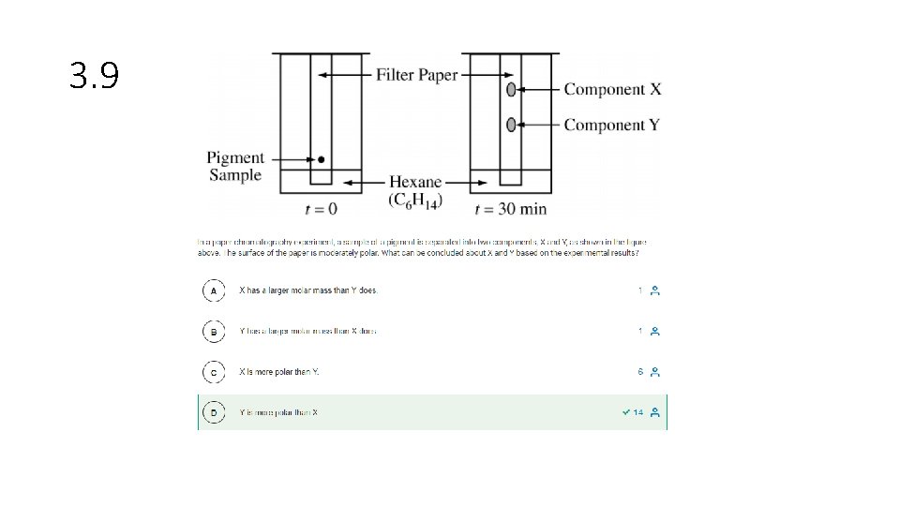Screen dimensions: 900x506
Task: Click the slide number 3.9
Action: click(95, 76)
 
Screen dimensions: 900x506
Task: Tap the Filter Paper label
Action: click(417, 75)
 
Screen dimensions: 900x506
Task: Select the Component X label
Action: click(612, 90)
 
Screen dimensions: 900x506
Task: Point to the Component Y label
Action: click(611, 125)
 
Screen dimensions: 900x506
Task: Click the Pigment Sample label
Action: click(235, 166)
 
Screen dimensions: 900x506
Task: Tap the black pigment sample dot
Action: click(322, 159)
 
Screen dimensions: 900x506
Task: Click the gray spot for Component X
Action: click(511, 90)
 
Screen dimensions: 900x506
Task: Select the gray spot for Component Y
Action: click(511, 125)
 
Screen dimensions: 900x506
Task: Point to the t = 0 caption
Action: click(321, 209)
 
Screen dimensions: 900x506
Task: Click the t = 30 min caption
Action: click(511, 209)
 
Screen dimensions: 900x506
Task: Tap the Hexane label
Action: click(415, 182)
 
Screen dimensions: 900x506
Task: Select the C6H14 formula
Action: click(415, 201)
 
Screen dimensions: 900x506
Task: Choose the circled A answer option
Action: click(214, 290)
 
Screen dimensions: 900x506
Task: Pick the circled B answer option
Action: click(214, 332)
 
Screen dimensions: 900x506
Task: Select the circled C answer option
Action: click(214, 372)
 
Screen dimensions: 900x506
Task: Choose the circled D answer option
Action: click(214, 412)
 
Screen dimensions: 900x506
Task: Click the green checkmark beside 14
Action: click(625, 412)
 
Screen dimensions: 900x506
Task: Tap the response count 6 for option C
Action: click(640, 372)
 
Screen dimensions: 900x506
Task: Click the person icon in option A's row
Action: click(655, 290)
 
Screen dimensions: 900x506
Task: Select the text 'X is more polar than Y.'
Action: click(279, 372)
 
